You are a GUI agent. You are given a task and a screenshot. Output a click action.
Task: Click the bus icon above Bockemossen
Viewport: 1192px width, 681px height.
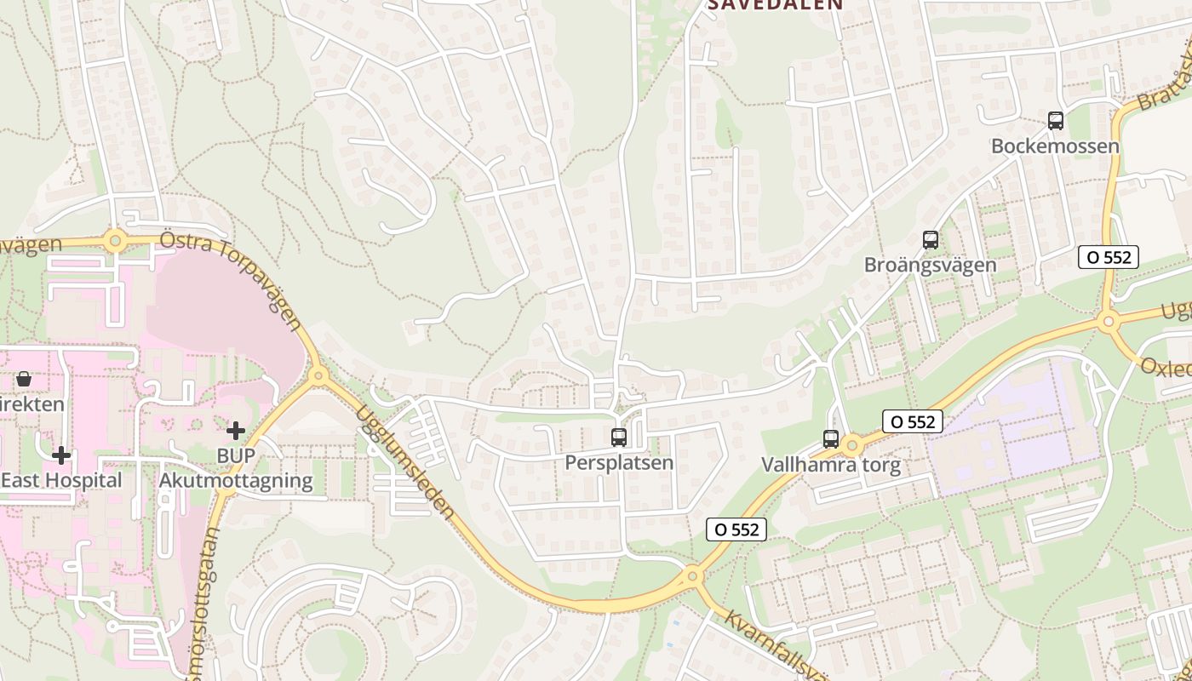click(1056, 121)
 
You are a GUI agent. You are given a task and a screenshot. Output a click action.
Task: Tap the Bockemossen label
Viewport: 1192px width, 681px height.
click(1055, 146)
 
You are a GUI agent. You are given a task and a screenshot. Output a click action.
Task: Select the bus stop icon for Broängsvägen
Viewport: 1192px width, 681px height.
click(931, 240)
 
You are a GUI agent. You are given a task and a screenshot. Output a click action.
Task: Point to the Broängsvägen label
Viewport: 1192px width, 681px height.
click(930, 265)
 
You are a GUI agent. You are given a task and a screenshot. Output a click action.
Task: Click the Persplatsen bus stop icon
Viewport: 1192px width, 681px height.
click(619, 438)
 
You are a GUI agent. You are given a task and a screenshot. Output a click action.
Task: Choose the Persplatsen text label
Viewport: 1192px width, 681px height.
click(619, 463)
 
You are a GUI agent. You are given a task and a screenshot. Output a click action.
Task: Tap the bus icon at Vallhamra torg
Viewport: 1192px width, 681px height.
click(831, 439)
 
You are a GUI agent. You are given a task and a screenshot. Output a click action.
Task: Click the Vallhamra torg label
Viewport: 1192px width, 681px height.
click(830, 466)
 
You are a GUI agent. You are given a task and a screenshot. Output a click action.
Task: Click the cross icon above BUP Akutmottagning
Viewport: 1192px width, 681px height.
click(236, 431)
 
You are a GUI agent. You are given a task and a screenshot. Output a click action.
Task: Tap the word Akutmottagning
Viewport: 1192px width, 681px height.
click(236, 481)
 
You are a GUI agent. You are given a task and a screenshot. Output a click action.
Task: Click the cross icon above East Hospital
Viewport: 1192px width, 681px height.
click(61, 455)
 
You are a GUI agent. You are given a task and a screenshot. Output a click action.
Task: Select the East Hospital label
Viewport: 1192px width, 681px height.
click(61, 481)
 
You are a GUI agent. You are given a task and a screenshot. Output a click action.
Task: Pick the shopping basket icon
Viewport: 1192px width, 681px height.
click(24, 379)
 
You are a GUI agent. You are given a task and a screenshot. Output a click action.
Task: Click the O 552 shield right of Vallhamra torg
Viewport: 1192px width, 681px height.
click(912, 421)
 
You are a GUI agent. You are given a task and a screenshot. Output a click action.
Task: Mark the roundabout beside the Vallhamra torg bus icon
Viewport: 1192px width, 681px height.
click(852, 444)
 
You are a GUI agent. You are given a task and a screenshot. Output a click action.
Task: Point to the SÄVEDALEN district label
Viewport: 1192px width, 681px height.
click(776, 5)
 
